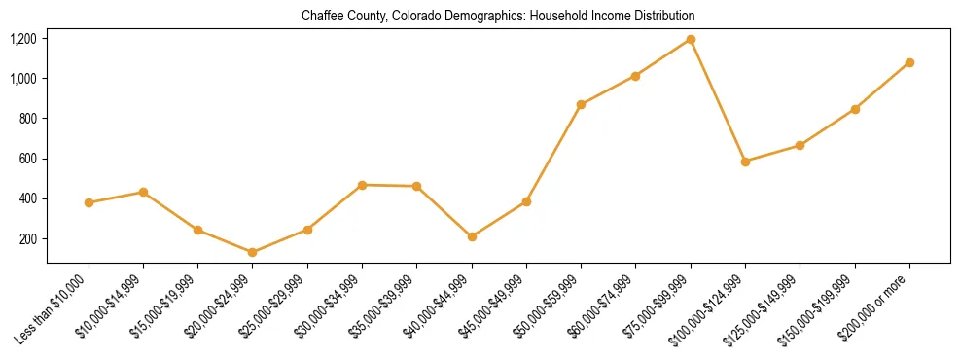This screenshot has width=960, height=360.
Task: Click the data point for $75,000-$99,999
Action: [691, 40]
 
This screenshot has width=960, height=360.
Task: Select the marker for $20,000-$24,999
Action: [253, 252]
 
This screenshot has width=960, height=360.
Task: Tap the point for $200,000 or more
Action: [909, 62]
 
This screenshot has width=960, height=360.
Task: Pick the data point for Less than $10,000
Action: [89, 202]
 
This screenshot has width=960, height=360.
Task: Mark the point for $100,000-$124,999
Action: [745, 162]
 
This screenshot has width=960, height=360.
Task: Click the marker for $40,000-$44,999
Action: [472, 236]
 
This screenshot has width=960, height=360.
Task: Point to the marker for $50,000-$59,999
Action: [581, 104]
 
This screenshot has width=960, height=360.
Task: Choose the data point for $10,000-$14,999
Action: [143, 192]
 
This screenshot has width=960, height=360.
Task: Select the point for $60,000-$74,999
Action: [635, 76]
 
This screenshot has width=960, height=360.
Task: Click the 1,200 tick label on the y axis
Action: [23, 39]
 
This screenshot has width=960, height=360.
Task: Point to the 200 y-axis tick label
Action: [28, 239]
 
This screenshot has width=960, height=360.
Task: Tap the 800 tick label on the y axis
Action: [28, 119]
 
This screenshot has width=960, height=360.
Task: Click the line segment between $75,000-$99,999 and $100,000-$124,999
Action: [718, 100]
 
